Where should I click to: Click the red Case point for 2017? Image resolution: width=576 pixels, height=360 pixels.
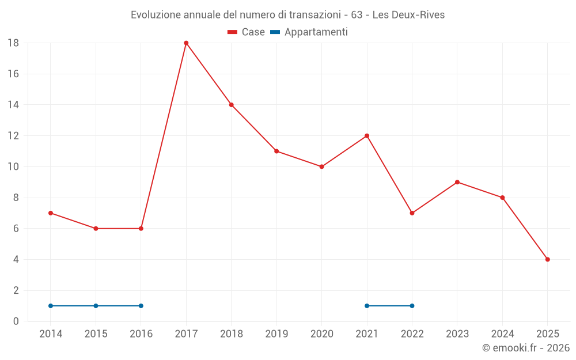click(186, 43)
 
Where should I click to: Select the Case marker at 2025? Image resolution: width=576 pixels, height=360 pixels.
click(547, 259)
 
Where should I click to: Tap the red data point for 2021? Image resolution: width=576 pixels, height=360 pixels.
click(367, 136)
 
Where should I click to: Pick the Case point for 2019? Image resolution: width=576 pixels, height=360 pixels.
click(276, 151)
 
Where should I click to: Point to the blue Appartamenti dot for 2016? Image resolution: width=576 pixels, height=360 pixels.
click(141, 306)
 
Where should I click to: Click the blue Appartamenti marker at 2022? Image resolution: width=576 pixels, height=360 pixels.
click(412, 306)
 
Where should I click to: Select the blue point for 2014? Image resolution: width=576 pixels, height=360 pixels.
click(51, 306)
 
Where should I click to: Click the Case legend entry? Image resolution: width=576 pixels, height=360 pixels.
click(247, 32)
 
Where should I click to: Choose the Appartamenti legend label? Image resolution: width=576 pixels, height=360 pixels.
click(316, 32)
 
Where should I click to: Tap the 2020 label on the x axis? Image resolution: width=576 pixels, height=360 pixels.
click(321, 334)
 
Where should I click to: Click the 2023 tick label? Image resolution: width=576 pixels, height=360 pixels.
click(457, 334)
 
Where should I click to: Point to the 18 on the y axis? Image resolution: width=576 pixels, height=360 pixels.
click(13, 43)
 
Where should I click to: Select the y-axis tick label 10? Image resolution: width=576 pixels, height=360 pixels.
click(13, 167)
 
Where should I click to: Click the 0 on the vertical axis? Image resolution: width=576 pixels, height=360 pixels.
click(16, 321)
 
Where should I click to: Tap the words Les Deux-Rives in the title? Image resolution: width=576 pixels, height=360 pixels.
click(408, 15)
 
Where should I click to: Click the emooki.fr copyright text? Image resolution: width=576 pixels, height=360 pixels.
click(526, 348)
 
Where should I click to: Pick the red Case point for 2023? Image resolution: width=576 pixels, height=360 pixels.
click(457, 182)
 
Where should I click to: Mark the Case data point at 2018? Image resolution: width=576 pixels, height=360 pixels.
click(231, 105)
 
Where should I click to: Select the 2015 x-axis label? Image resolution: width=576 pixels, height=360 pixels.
click(96, 334)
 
